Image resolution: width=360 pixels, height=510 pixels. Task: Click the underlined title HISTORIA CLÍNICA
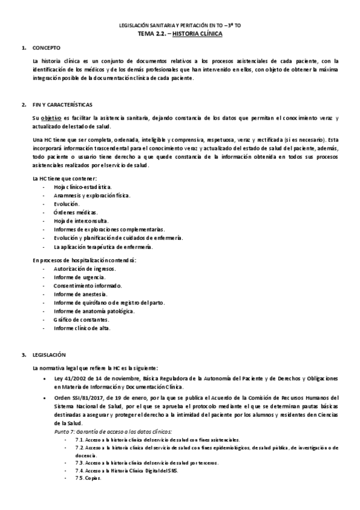(x=196, y=35)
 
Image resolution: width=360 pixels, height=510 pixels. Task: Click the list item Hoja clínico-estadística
(x=82, y=188)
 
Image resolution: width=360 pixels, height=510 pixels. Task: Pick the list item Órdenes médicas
(x=75, y=213)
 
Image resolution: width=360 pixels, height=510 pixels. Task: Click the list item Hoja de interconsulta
(x=81, y=221)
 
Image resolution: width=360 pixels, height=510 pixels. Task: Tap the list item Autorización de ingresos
(x=84, y=268)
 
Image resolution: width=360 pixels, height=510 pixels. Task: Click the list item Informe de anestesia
(x=78, y=294)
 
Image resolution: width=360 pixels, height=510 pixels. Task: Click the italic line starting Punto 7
(x=113, y=432)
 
